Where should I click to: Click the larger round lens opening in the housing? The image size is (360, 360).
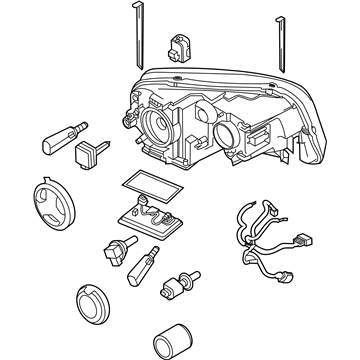pyautogui.click(x=161, y=126)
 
